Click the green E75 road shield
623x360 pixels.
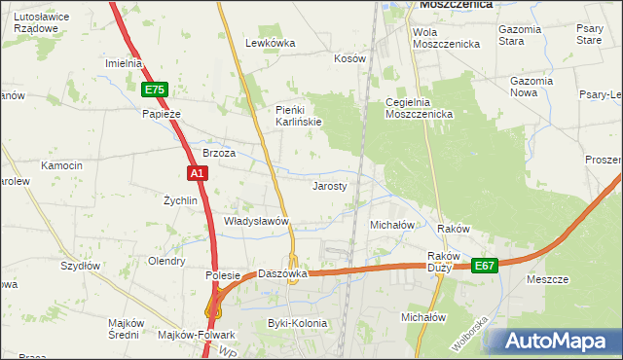155,90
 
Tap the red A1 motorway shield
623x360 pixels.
197,173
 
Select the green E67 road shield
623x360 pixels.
485,265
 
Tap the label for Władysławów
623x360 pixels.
258,221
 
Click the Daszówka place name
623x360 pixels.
282,273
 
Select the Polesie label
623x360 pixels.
222,275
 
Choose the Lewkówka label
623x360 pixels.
270,43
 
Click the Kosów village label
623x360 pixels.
349,58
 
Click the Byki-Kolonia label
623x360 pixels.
298,323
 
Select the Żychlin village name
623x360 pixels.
180,200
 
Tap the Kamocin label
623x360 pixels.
61,166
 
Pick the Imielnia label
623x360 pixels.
124,63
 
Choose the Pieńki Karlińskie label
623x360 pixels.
299,115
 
